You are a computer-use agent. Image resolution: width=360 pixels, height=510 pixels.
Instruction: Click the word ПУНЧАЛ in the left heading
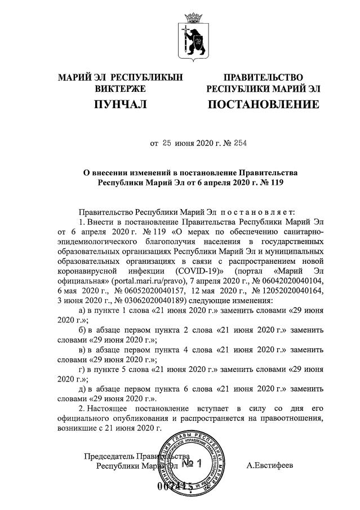pos(120,104)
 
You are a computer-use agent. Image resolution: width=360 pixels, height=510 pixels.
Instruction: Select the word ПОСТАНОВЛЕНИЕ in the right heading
pos(264,104)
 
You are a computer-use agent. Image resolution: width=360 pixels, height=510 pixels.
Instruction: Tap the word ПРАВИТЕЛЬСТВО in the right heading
pos(263,77)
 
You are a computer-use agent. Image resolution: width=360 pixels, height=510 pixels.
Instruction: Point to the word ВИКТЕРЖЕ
pos(120,88)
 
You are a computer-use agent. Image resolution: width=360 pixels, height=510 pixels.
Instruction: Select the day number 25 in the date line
pos(167,143)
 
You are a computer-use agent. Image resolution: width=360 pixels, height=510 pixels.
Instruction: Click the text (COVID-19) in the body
pos(196,270)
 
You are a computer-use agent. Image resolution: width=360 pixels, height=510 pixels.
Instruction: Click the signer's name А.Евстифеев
pos(270,465)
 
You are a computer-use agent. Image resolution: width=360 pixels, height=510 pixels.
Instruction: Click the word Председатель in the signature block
pos(109,456)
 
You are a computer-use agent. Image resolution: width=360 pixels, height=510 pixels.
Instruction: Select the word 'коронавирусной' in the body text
pos(90,270)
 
